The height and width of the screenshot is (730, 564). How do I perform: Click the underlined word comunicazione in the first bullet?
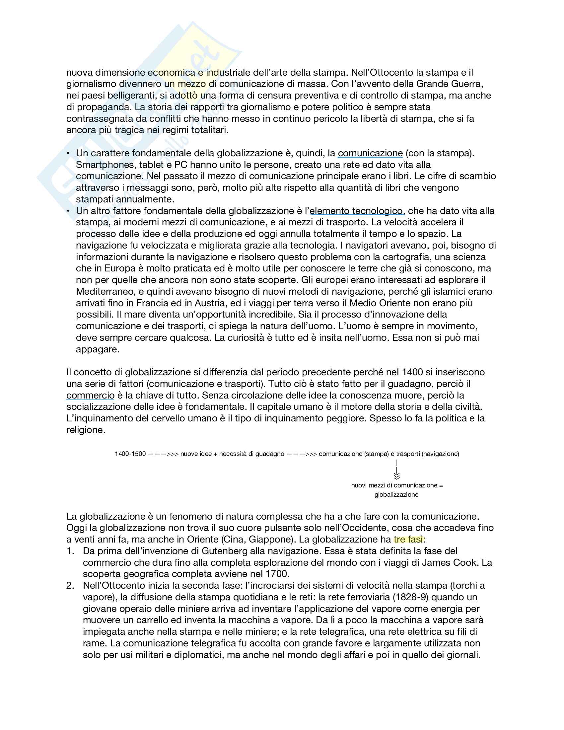[370, 153]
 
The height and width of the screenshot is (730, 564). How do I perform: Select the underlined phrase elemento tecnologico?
[357, 211]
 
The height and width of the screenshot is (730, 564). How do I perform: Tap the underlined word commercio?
[90, 395]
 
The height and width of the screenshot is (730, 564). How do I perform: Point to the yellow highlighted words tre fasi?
[408, 540]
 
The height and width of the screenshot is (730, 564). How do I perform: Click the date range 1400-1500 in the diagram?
[130, 454]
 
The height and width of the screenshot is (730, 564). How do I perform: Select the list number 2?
[70, 586]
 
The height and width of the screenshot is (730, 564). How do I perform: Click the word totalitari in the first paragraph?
[209, 130]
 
